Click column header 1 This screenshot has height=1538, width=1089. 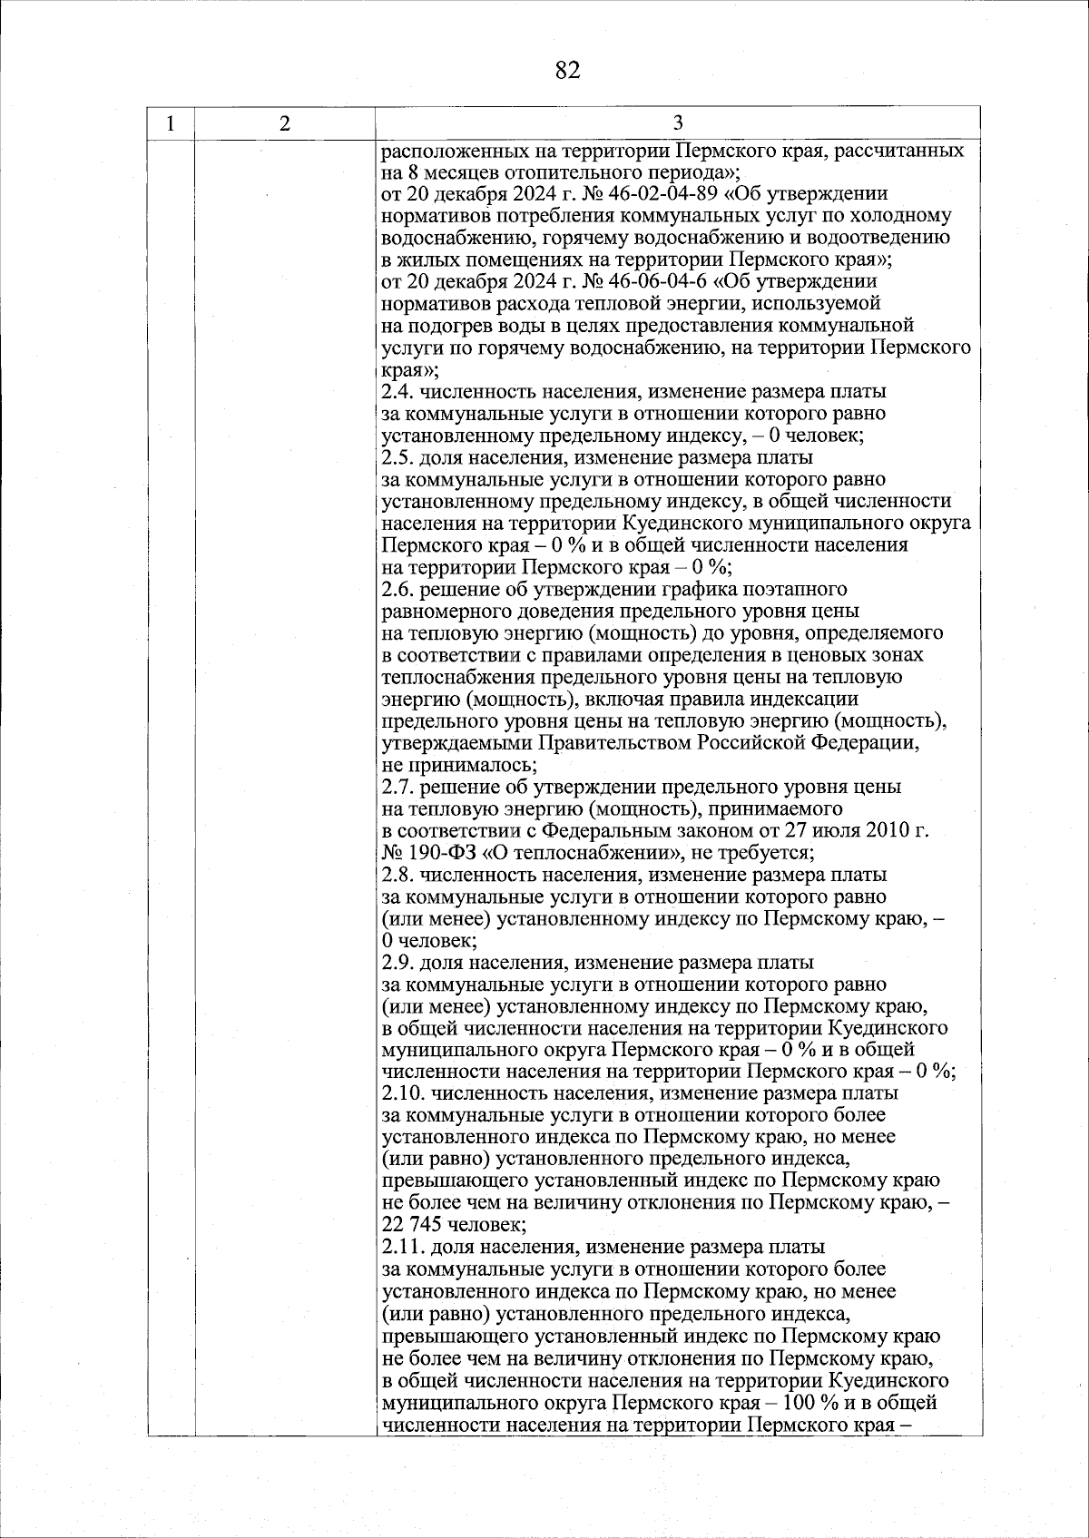pyautogui.click(x=172, y=123)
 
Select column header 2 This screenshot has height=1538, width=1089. pyautogui.click(x=285, y=123)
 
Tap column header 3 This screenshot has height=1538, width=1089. pyautogui.click(x=678, y=123)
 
